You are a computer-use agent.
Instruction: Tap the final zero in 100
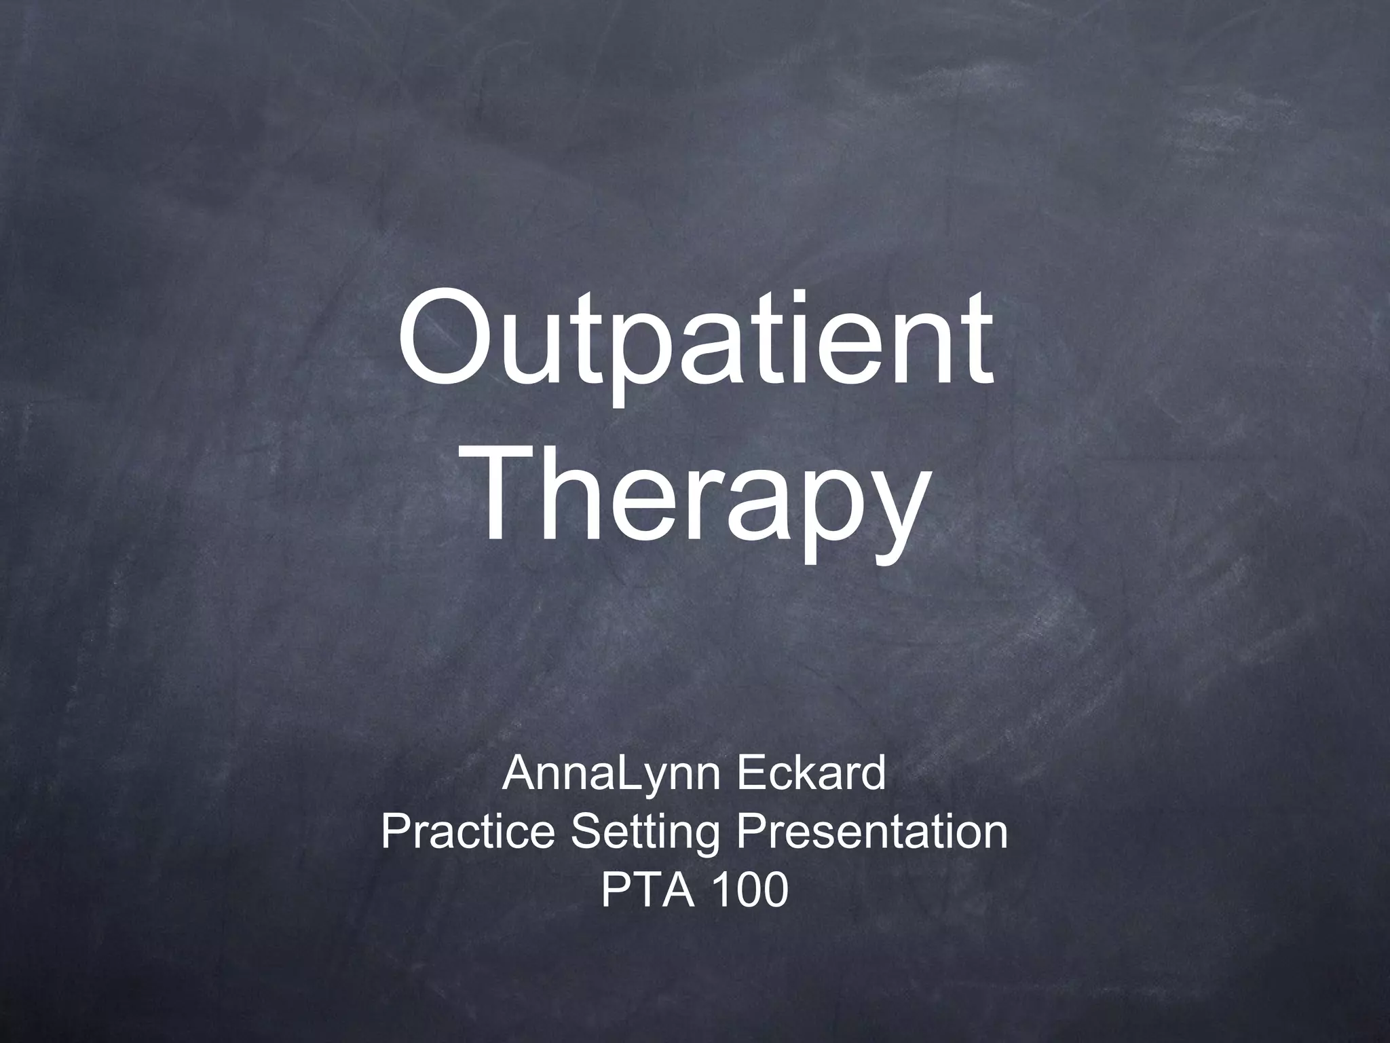[774, 890]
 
